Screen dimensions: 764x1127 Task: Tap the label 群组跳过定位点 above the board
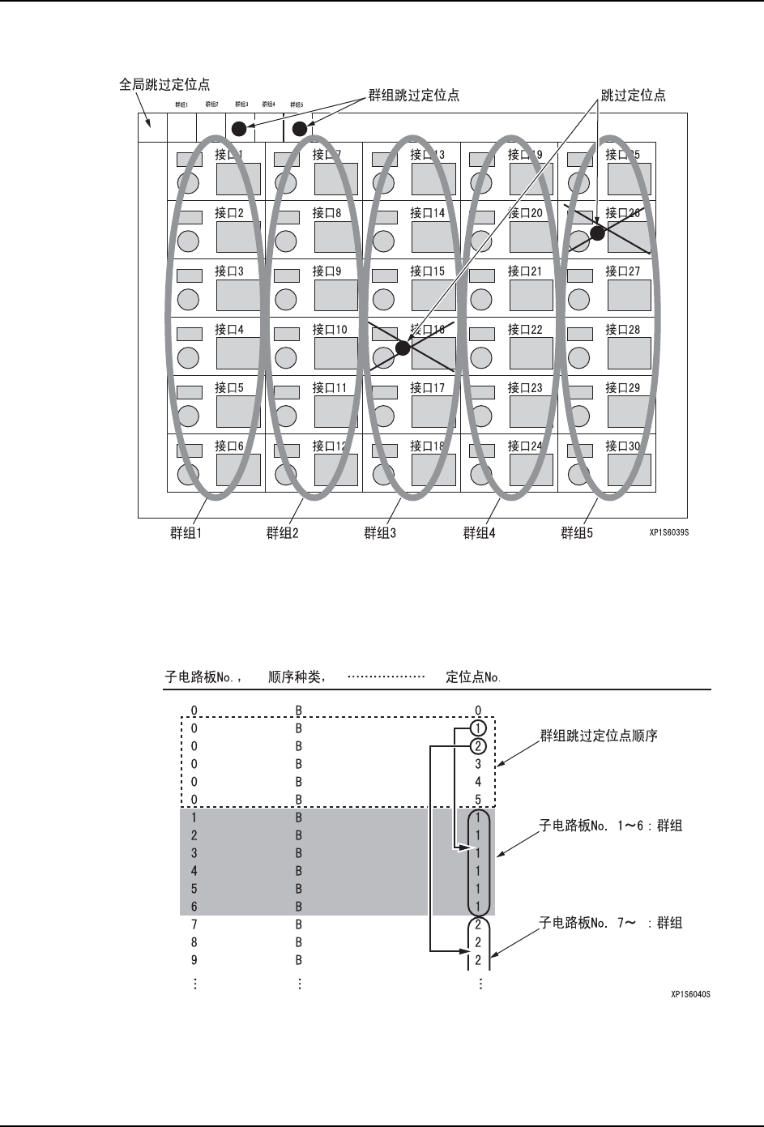[x=413, y=95]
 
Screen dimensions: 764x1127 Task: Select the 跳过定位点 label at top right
[x=633, y=95]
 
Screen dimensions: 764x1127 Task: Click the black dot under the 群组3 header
[x=239, y=129]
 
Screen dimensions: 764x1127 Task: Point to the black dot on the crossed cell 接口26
[x=597, y=233]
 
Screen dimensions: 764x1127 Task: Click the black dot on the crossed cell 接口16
[x=403, y=349]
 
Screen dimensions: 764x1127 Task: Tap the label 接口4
[x=229, y=330]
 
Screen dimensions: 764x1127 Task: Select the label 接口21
[x=525, y=271]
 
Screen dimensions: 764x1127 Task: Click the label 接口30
[x=622, y=446]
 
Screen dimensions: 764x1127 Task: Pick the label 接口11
[x=329, y=388]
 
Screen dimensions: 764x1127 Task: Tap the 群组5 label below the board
[x=577, y=533]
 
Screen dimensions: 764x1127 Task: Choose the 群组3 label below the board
[x=380, y=533]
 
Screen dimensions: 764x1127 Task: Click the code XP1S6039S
[x=673, y=534]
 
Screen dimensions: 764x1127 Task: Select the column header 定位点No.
[x=473, y=676]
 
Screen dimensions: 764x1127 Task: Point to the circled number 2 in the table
[x=479, y=746]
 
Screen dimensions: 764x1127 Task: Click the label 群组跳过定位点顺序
[x=598, y=736]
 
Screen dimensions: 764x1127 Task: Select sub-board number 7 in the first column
[x=194, y=924]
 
